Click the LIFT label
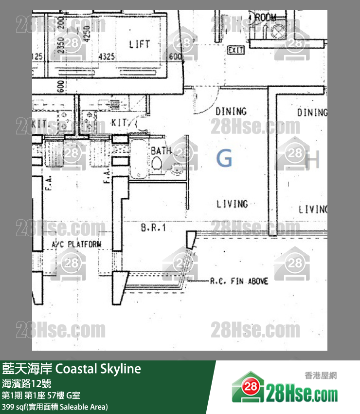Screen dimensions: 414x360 coord(140,44)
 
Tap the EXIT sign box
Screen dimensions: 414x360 coord(235,50)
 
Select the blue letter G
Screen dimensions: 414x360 coord(224,159)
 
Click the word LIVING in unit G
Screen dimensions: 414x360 coord(232,204)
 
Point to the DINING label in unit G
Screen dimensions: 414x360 coord(231,112)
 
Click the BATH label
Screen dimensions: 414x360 coord(161,151)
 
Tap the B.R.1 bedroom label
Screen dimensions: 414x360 coord(154,227)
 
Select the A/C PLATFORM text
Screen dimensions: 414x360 coord(77,244)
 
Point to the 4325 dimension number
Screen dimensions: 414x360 coord(107,57)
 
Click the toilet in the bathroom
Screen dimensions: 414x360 coord(157,166)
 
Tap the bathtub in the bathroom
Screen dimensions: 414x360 coord(140,158)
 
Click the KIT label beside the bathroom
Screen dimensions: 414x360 coord(119,123)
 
